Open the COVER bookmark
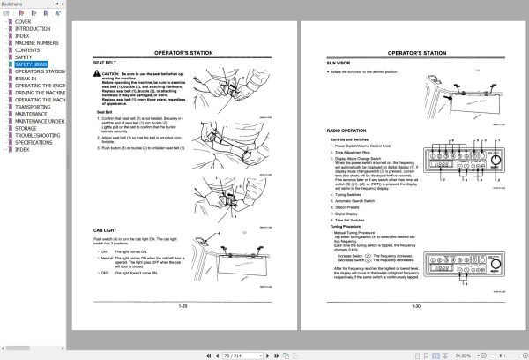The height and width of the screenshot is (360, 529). coord(24,21)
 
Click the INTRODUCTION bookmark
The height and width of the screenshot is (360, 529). coord(33,28)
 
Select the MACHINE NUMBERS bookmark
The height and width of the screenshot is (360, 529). coord(37,43)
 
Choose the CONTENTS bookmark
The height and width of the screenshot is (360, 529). coord(27,50)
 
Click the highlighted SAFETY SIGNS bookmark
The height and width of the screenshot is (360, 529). coord(33,64)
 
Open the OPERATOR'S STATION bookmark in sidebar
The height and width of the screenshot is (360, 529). coord(41,71)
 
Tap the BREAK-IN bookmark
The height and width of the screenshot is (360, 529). coord(27,79)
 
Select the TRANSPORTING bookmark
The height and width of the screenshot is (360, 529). coord(34,107)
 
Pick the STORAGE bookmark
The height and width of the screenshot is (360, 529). coord(26,128)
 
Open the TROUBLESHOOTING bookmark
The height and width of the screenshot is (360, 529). coord(38,135)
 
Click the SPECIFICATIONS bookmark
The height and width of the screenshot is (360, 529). coord(34,142)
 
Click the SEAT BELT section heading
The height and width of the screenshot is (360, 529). coord(104,63)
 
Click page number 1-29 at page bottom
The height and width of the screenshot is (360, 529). coord(183,306)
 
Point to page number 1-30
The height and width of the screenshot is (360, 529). coord(415,306)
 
